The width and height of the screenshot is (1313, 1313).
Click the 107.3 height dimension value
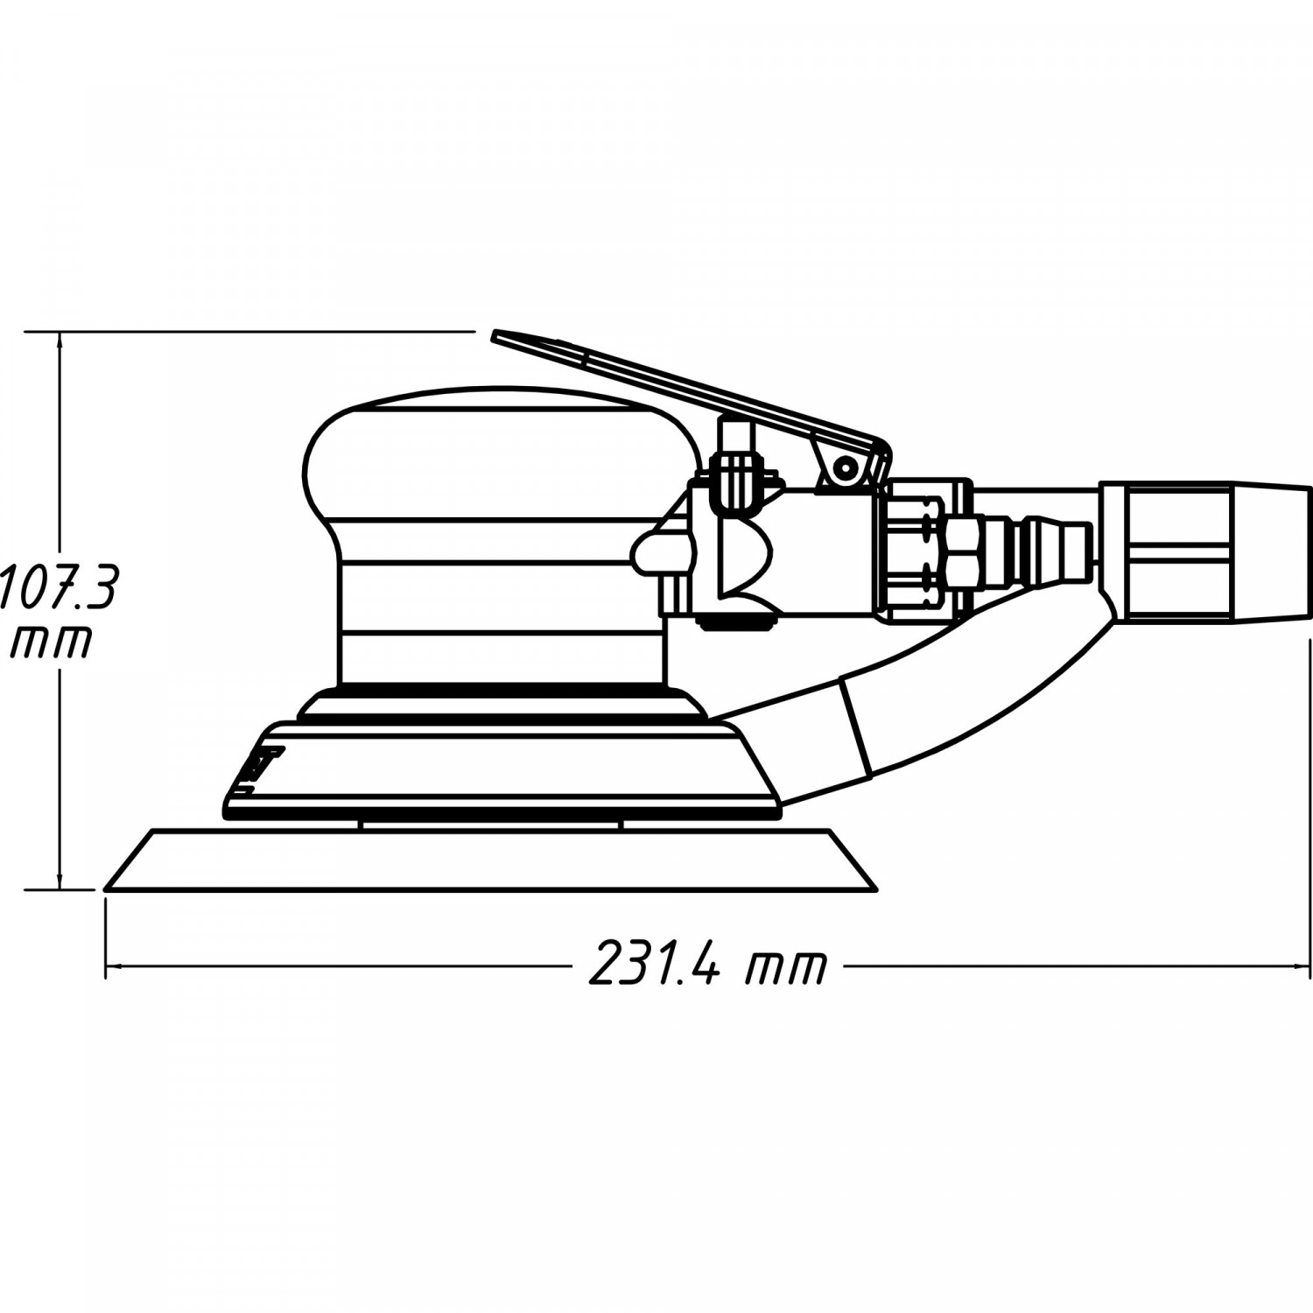57,586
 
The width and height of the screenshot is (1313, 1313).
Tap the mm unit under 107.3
50,642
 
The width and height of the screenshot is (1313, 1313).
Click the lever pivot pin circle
845,467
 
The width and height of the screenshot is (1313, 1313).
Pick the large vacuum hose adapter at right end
1204,551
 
